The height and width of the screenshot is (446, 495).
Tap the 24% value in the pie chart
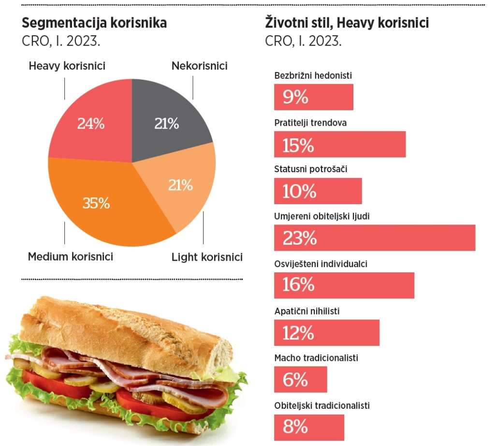tap(91, 124)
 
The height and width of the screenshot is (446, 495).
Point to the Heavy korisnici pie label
tap(67, 66)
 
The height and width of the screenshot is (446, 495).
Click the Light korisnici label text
tap(207, 257)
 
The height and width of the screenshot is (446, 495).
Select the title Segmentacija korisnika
tap(94, 23)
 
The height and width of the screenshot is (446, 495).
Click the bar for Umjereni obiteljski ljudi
tap(375, 238)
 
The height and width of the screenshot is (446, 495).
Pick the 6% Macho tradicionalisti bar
tap(301, 380)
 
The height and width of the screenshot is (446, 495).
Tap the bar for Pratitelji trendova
tap(340, 145)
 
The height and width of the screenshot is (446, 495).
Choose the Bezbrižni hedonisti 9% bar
tap(314, 97)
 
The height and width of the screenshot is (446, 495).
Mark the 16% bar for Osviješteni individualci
tap(344, 285)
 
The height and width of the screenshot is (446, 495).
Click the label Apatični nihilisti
tap(307, 311)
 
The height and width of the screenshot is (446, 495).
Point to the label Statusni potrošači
tap(311, 169)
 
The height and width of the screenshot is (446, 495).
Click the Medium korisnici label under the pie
tap(71, 256)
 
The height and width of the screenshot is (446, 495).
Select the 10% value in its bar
tap(299, 192)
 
